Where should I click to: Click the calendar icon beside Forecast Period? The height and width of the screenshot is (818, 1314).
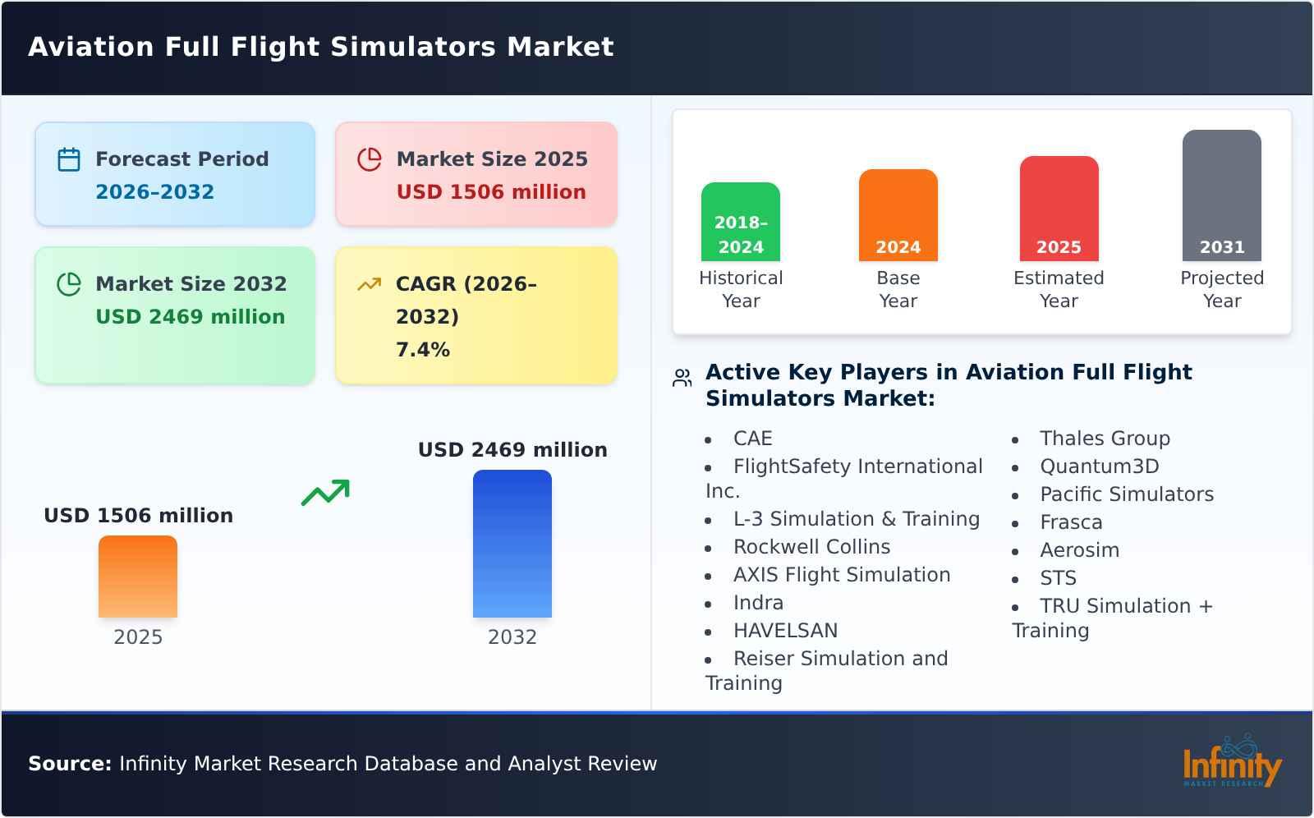click(x=69, y=159)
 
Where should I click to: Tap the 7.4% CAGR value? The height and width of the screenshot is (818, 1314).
click(x=422, y=350)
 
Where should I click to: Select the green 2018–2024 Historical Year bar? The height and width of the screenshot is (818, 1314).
click(x=740, y=222)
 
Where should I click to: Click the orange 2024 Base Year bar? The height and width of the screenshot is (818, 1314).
click(x=898, y=215)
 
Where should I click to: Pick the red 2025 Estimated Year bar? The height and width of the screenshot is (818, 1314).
click(x=1059, y=209)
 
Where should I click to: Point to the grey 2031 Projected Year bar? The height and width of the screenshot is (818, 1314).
click(x=1221, y=195)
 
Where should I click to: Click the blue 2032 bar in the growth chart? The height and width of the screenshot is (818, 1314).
click(x=512, y=544)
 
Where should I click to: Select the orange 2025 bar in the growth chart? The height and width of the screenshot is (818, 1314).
click(x=138, y=577)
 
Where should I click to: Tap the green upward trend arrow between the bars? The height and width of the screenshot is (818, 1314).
click(x=325, y=493)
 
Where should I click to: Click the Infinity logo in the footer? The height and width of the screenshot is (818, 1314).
click(x=1231, y=762)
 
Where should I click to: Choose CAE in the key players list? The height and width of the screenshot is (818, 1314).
click(x=752, y=439)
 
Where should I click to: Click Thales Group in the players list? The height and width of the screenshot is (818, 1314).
click(x=1104, y=439)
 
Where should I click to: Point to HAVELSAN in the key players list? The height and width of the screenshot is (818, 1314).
click(x=785, y=631)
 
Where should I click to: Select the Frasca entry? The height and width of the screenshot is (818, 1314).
click(x=1070, y=522)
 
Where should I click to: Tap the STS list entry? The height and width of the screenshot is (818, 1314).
click(x=1057, y=578)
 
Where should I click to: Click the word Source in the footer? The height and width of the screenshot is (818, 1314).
click(x=69, y=764)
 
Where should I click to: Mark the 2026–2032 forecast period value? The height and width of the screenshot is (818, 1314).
click(x=154, y=192)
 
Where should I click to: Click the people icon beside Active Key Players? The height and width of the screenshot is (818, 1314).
click(x=682, y=378)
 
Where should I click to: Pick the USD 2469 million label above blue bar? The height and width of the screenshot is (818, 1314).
click(x=512, y=450)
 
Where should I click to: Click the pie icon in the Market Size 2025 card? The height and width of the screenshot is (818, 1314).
click(x=370, y=159)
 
